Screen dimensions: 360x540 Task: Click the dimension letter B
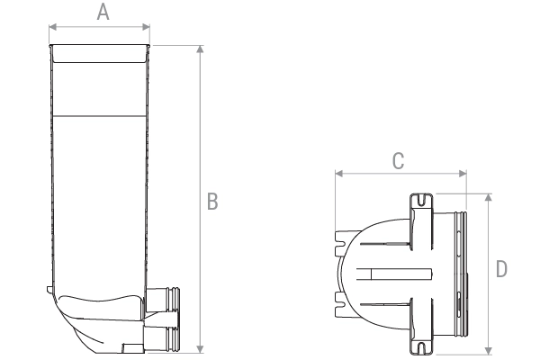coord(213,202)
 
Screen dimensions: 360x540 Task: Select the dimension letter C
coord(399,161)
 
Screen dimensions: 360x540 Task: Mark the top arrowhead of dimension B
coord(200,47)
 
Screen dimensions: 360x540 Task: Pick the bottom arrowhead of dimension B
coord(200,349)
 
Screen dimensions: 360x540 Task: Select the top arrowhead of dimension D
coord(488,195)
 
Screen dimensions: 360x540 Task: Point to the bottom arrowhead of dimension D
coord(488,351)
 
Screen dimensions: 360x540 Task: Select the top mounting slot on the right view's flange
coord(419,200)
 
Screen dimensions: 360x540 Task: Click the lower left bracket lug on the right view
coord(342,298)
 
